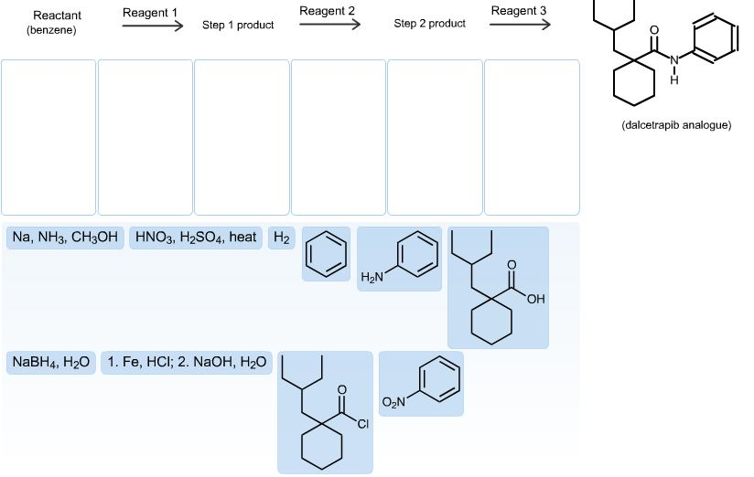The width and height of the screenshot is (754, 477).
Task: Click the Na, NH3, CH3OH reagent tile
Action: (x=65, y=238)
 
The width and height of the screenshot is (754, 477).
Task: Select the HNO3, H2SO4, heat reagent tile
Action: (x=196, y=238)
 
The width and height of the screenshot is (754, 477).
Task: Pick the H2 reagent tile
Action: (x=281, y=238)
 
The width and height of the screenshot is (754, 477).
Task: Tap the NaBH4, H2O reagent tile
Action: (x=51, y=363)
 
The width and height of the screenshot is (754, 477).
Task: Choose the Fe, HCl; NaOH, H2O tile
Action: (x=187, y=363)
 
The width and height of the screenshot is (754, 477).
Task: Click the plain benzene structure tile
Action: (x=326, y=254)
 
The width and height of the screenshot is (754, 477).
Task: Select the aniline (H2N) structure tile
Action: (x=399, y=259)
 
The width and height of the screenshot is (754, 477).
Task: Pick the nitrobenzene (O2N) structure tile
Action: (x=421, y=384)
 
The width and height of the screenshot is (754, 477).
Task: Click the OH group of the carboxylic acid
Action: (x=535, y=299)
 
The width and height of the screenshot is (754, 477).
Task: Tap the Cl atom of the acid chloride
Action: (x=362, y=424)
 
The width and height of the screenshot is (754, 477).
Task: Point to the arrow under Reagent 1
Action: (x=153, y=26)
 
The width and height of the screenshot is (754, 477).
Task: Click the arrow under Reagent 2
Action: (x=329, y=24)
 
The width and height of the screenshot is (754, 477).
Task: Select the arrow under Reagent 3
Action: (x=520, y=24)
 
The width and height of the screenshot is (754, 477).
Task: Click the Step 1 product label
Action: (x=238, y=25)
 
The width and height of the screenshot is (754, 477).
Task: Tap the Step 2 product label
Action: (x=429, y=24)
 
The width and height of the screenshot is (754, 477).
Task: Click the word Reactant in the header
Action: (x=58, y=16)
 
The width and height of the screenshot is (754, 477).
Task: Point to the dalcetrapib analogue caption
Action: (x=676, y=125)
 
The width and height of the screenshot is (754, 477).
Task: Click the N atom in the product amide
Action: (x=674, y=60)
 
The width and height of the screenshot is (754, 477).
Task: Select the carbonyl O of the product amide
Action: (x=654, y=30)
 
